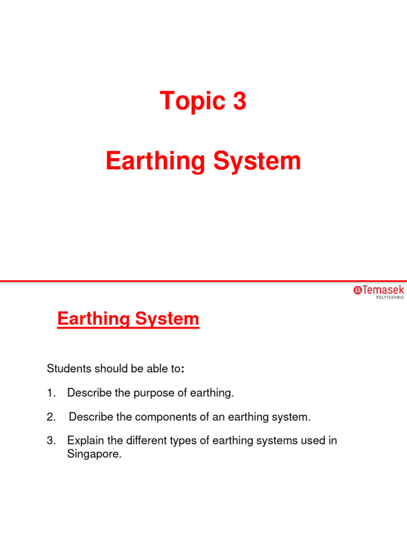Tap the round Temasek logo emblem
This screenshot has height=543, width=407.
[x=358, y=290]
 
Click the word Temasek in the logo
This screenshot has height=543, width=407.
[x=383, y=290]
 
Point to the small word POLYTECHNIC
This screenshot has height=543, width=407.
[x=390, y=297]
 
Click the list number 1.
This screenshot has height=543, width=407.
[x=50, y=393]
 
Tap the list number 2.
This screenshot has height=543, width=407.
[x=51, y=417]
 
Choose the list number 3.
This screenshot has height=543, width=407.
[x=51, y=441]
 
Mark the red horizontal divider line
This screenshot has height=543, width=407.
[x=203, y=281]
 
